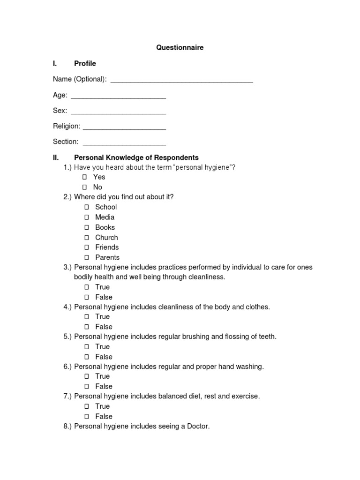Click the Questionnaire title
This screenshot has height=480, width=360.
click(180, 48)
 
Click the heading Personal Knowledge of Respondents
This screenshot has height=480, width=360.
click(136, 157)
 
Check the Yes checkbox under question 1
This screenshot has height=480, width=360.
click(85, 177)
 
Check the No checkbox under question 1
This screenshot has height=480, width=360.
click(85, 187)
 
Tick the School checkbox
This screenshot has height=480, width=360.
click(87, 207)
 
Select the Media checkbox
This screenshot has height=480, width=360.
click(87, 217)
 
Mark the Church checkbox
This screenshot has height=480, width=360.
click(87, 238)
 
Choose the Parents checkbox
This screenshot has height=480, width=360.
click(87, 257)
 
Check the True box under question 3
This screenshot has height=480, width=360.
click(87, 287)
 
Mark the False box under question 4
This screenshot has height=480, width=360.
click(87, 327)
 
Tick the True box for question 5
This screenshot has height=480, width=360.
click(87, 347)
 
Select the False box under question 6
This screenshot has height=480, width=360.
click(87, 387)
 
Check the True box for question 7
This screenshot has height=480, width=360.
click(87, 406)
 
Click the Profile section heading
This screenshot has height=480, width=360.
click(85, 63)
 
